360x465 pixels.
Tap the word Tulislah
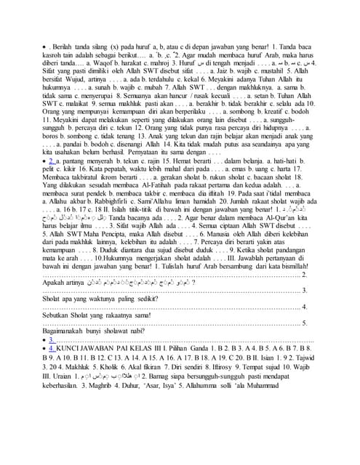point(230,315)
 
